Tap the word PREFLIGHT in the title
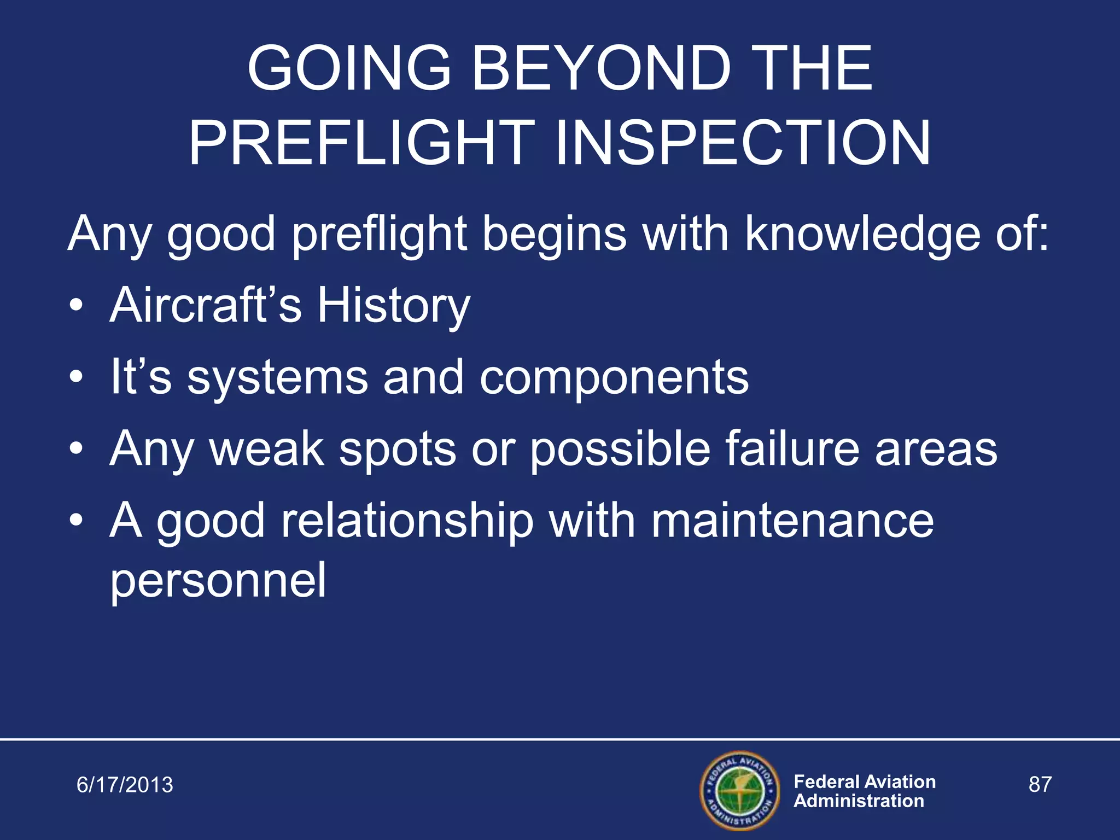click(361, 143)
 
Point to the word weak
click(267, 448)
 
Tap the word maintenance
click(792, 521)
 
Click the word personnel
click(218, 581)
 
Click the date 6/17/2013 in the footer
click(125, 785)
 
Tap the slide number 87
click(1040, 784)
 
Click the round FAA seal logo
click(740, 790)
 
